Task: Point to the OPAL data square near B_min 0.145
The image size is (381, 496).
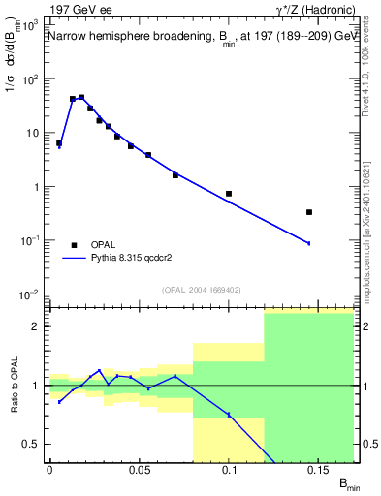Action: pos(309,212)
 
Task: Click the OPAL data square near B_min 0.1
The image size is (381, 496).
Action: pos(229,194)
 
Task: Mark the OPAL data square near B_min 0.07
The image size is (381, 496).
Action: pos(175,175)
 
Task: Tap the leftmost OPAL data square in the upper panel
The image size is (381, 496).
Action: pos(59,143)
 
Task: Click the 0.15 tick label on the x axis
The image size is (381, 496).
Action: pos(318,469)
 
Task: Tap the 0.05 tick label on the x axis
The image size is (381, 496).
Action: pos(140,469)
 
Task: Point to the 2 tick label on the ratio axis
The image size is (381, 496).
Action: pos(35,326)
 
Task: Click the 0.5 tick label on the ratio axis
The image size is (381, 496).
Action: pos(31,444)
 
